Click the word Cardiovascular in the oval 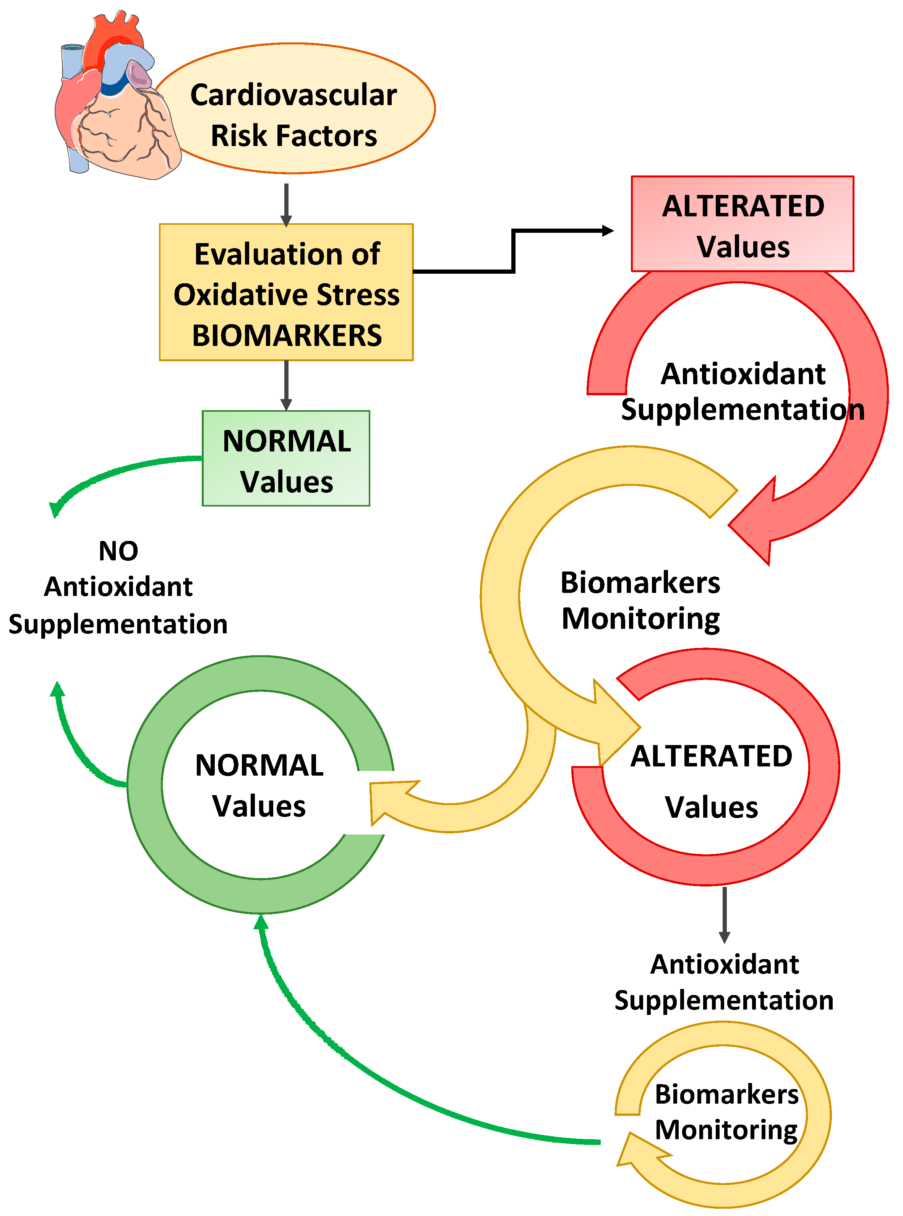(x=293, y=95)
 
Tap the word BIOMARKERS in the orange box (x=287, y=335)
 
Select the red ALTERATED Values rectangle (x=742, y=224)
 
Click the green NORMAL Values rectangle (x=286, y=459)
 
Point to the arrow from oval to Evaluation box (x=286, y=205)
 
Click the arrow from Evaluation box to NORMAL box (x=286, y=385)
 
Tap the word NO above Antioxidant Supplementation (x=118, y=550)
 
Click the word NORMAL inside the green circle (x=259, y=765)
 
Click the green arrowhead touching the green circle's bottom (x=261, y=924)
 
